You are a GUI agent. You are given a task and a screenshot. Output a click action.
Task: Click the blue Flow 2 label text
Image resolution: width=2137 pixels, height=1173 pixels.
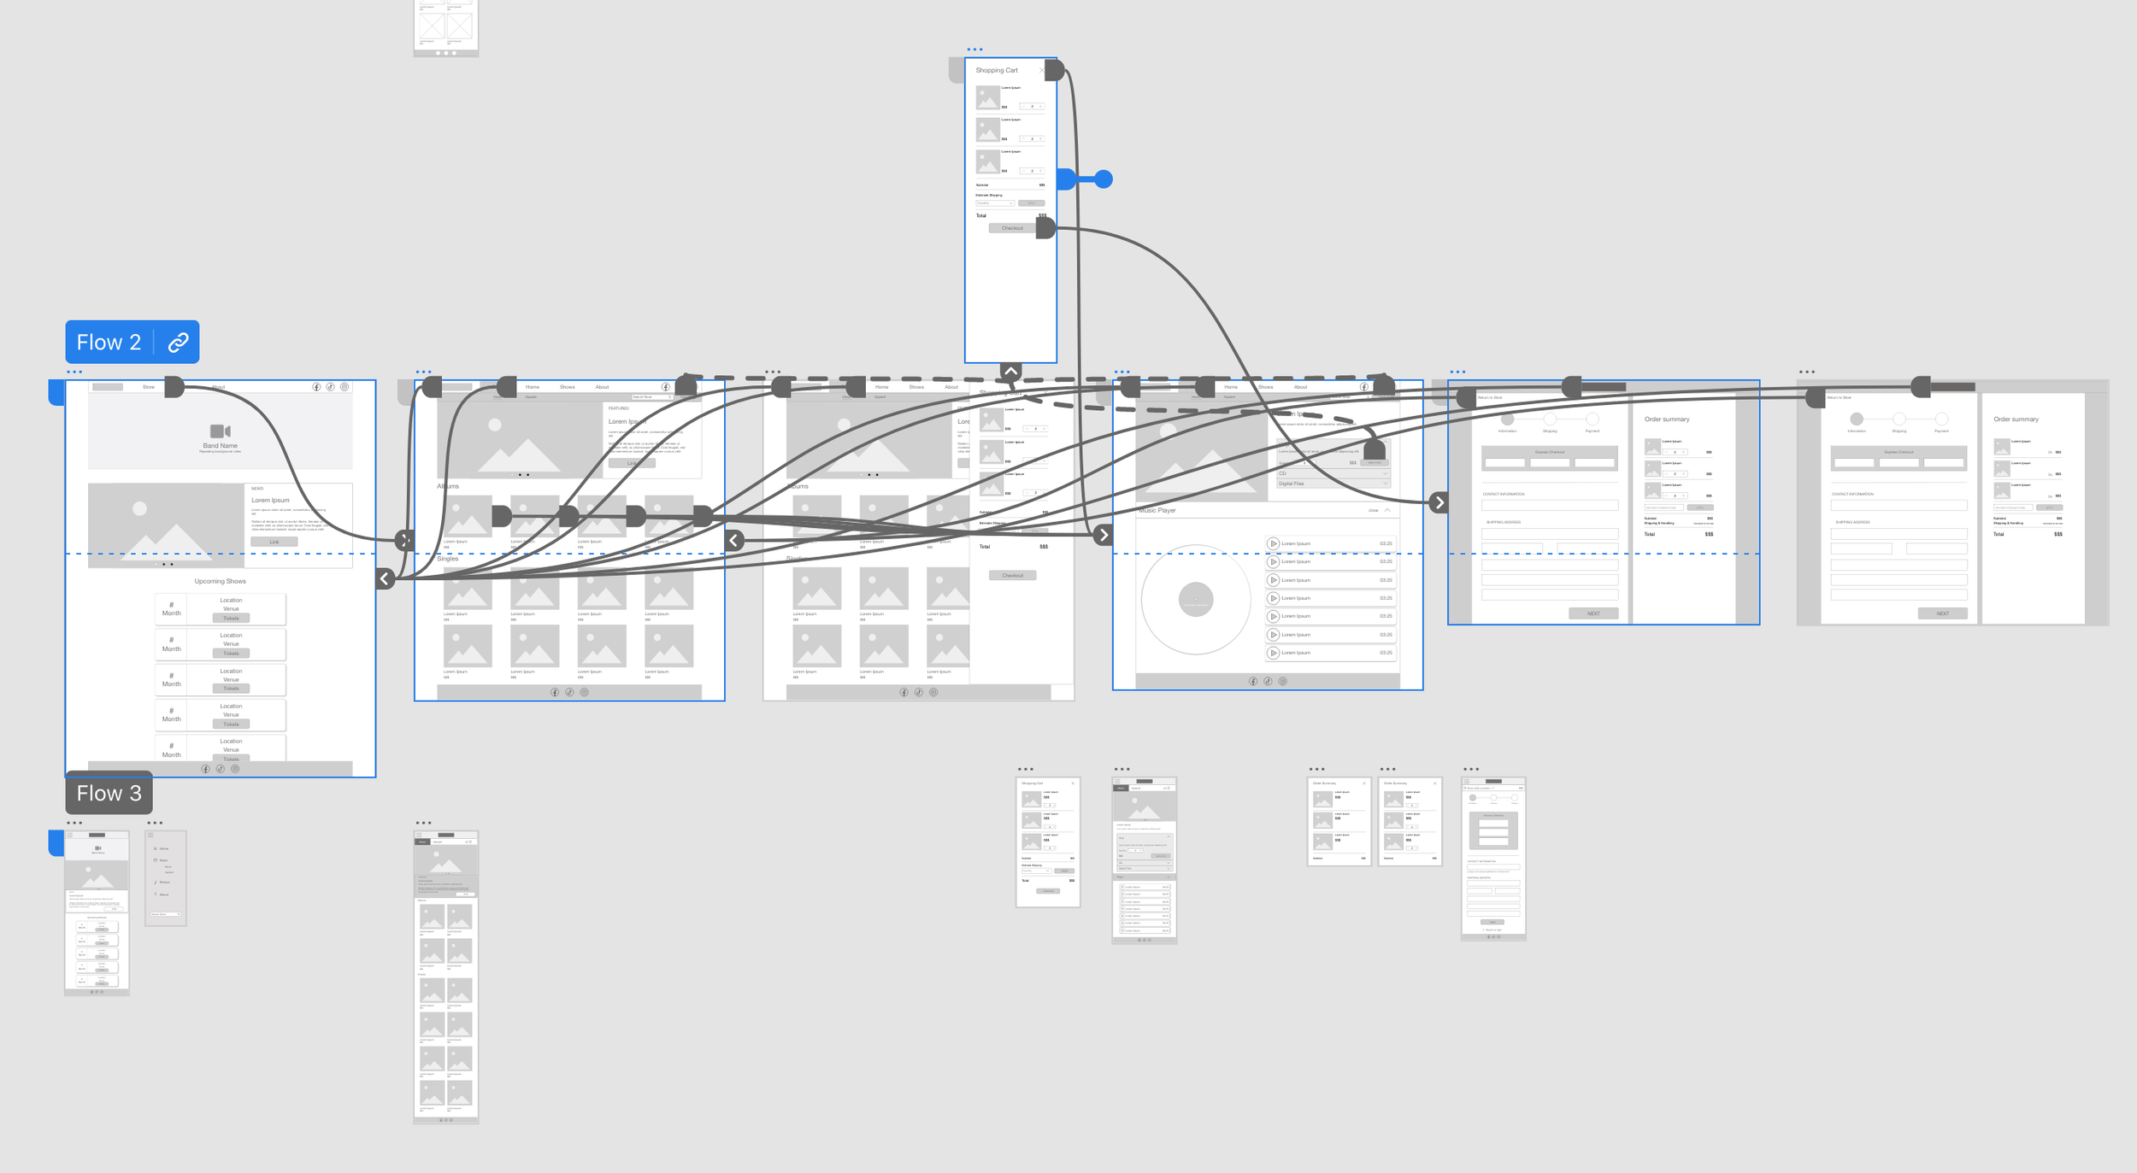pyautogui.click(x=109, y=343)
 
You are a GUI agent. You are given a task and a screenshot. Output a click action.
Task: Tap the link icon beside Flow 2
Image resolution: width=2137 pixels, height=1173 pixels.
pyautogui.click(x=178, y=343)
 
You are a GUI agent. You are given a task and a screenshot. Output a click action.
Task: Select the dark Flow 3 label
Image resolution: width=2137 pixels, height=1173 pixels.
pyautogui.click(x=109, y=794)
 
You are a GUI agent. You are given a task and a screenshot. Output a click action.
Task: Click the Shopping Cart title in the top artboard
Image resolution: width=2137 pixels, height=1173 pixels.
pyautogui.click(x=997, y=70)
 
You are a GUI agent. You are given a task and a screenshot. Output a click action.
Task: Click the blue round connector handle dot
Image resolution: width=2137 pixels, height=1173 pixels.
pyautogui.click(x=1104, y=179)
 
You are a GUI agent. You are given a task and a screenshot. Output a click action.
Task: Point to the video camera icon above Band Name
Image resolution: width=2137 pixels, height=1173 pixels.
pyautogui.click(x=221, y=431)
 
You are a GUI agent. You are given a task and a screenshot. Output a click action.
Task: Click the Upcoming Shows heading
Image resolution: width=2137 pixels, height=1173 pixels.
pyautogui.click(x=220, y=581)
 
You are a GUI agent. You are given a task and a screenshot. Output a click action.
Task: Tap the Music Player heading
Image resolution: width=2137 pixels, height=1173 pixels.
pyautogui.click(x=1158, y=511)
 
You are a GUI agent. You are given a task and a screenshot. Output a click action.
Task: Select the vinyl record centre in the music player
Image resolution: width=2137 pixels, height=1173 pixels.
pyautogui.click(x=1196, y=600)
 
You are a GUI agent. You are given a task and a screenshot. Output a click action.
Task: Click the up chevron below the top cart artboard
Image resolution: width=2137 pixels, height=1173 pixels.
pyautogui.click(x=1011, y=372)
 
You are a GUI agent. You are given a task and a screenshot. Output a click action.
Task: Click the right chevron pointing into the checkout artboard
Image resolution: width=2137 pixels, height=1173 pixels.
pyautogui.click(x=1439, y=502)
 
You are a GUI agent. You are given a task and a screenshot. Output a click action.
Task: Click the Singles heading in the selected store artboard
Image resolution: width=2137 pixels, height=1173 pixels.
pyautogui.click(x=448, y=559)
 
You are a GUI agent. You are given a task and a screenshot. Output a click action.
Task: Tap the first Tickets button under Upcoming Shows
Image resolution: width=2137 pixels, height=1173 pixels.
pyautogui.click(x=231, y=618)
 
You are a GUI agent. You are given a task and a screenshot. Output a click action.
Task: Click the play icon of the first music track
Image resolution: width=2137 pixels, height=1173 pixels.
pyautogui.click(x=1273, y=543)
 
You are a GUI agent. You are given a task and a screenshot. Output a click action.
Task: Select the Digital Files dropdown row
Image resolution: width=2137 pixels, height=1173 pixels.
pyautogui.click(x=1332, y=484)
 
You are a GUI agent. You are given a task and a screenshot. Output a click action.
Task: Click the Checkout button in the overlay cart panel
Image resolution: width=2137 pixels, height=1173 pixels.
pyautogui.click(x=1013, y=575)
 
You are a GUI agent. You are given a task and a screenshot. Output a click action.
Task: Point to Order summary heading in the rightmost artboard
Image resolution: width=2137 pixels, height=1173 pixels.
pyautogui.click(x=2016, y=419)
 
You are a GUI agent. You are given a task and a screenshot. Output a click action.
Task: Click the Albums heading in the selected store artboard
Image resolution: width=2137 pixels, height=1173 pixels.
pyautogui.click(x=448, y=486)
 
